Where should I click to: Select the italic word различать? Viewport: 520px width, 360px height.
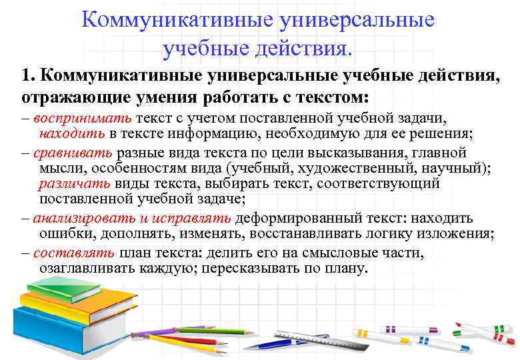point(73,184)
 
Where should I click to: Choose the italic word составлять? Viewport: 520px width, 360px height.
point(75,253)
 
